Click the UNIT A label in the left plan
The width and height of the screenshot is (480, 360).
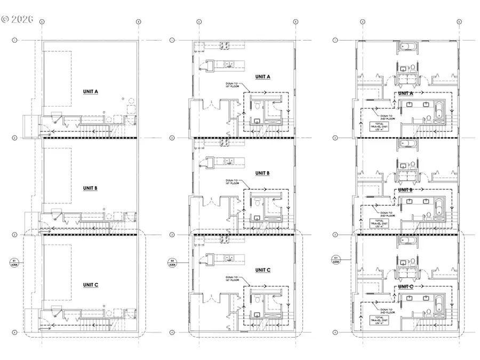coord(90,92)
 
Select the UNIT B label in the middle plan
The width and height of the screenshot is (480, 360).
coord(262,173)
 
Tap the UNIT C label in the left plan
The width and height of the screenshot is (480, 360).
coord(90,285)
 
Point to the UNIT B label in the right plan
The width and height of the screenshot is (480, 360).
coord(406,190)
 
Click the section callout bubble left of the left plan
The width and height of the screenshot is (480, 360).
coord(14,261)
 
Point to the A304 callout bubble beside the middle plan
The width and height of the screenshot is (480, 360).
coord(172,262)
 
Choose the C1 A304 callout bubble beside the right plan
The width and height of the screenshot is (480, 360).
coord(335,260)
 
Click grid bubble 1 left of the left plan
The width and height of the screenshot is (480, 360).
coord(15,40)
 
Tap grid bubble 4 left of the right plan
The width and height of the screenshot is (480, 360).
coord(335,332)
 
